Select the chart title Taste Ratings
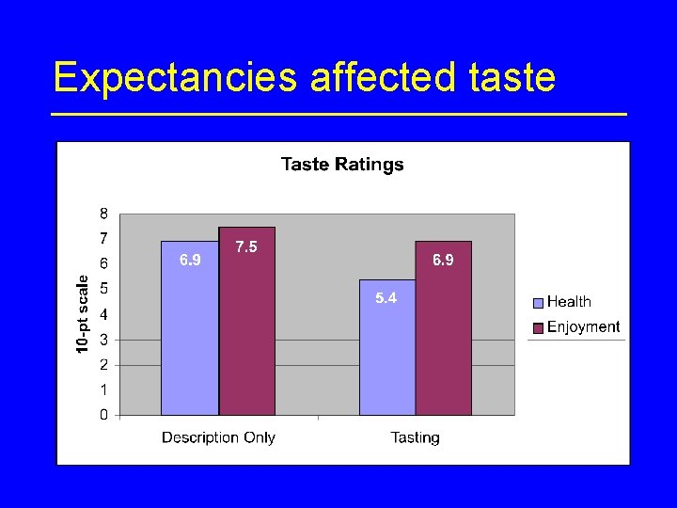coord(342,165)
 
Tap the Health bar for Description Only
coord(190,339)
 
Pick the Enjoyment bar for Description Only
coord(247,329)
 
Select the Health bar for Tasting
coord(386,357)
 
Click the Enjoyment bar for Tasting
coord(444,339)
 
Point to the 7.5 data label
coord(246,246)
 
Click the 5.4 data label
coord(386,298)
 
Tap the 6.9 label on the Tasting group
coord(443,260)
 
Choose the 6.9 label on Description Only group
coord(190,260)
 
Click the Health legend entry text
coord(569,302)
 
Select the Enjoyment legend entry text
coord(583,327)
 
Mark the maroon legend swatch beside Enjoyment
coord(538,328)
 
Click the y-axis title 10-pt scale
coord(83,314)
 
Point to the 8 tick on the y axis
coord(103,213)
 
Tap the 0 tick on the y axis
coord(103,415)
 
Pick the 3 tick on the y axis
coord(103,339)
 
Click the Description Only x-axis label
coord(218,437)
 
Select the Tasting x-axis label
coord(415,437)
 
